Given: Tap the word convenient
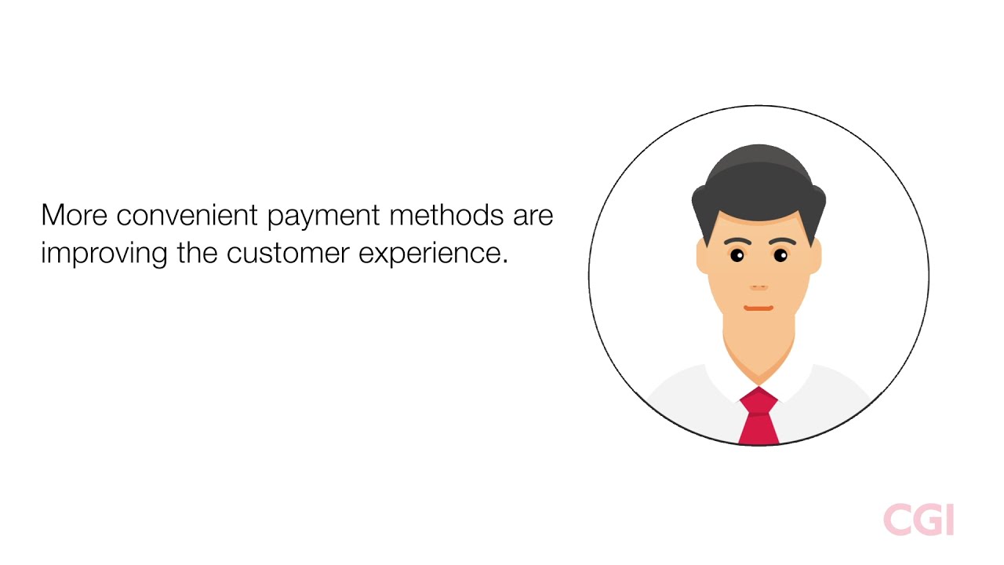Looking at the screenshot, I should coord(187,215).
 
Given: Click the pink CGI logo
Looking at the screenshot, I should coord(918,520).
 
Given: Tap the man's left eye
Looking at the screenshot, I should coord(780,255).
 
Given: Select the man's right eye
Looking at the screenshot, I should coord(737,255).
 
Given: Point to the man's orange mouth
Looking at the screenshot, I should coord(758,308).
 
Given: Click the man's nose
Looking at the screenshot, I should coord(758,286).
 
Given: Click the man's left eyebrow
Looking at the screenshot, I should coord(782,241).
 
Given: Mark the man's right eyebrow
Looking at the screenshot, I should coord(736,241).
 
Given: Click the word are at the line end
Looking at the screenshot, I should coord(533,215).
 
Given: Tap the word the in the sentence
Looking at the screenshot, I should coord(197,254).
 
